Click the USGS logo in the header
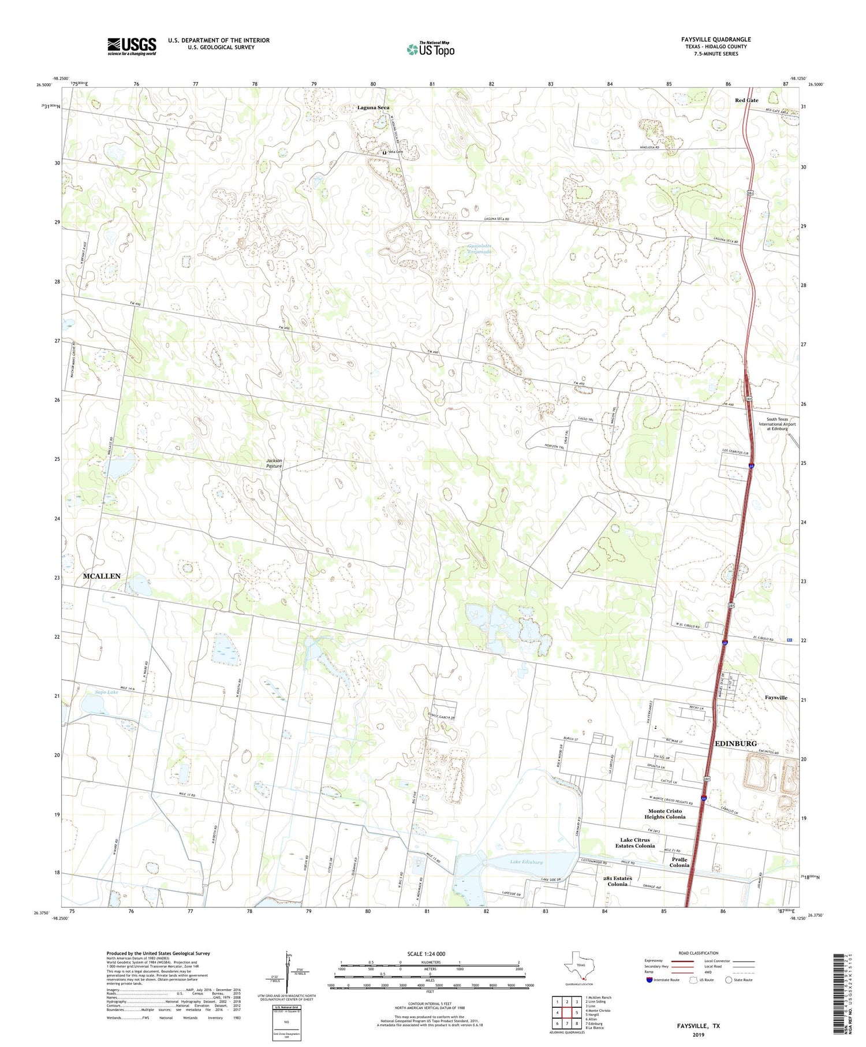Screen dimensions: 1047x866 point(132,46)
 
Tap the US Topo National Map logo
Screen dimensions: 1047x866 point(430,49)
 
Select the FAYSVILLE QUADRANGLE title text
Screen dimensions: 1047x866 point(715,40)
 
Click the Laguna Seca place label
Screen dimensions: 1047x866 point(373,107)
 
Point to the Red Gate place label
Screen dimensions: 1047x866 point(746,100)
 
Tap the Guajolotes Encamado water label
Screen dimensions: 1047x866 point(479,249)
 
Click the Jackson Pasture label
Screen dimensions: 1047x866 point(274,463)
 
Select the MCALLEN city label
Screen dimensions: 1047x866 point(102,576)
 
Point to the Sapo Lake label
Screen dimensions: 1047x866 point(106,692)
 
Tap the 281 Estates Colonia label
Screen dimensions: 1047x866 point(617,881)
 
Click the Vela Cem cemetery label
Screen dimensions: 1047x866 point(395,152)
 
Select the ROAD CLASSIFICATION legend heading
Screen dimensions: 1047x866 point(699,953)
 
